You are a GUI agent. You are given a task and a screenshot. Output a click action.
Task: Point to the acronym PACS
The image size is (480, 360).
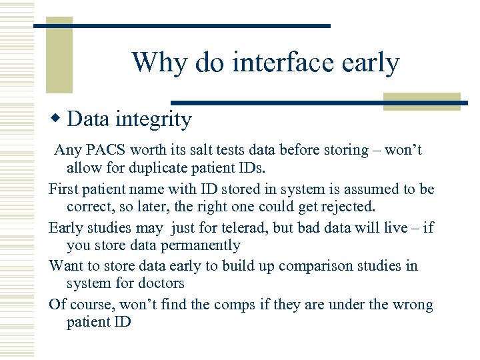click(104, 150)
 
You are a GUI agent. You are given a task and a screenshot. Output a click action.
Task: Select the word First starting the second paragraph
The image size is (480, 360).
click(63, 189)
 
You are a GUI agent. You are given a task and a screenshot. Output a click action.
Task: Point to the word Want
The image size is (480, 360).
click(66, 266)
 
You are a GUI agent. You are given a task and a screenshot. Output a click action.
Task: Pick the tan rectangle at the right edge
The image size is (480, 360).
click(423, 101)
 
